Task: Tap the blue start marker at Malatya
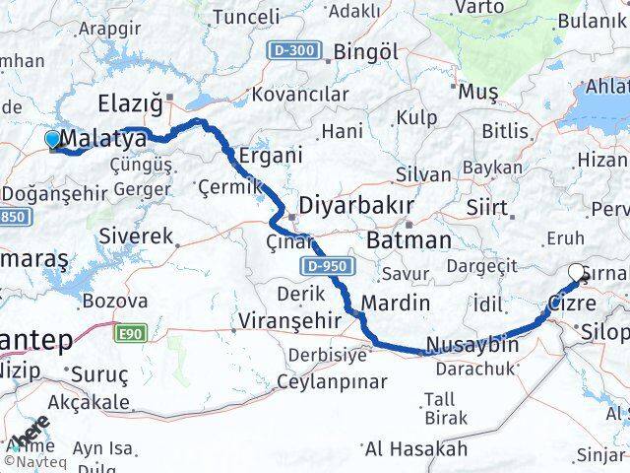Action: pyautogui.click(x=53, y=140)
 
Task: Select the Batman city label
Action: pyautogui.click(x=408, y=239)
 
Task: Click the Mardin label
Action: pyautogui.click(x=396, y=303)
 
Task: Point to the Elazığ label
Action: pyautogui.click(x=131, y=103)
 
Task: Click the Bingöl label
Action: pyautogui.click(x=365, y=52)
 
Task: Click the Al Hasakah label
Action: pyautogui.click(x=415, y=449)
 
